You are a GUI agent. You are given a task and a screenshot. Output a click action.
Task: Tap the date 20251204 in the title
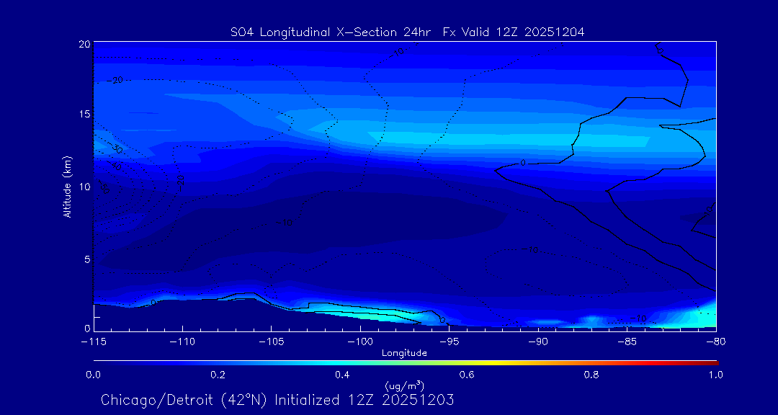coord(555,32)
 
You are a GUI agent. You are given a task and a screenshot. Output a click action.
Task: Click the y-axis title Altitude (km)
coord(67,187)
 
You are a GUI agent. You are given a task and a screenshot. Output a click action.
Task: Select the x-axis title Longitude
coord(404,353)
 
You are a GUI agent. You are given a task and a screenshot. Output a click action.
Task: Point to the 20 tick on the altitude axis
coord(85,44)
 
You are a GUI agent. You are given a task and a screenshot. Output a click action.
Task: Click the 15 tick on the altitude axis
coord(85,114)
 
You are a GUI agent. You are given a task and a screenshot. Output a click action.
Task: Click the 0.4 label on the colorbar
coord(342,375)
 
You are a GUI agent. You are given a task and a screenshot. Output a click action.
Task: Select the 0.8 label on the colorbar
coord(591,375)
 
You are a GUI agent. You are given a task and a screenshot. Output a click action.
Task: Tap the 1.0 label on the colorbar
coord(715,375)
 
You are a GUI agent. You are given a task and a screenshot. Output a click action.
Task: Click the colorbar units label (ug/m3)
coord(404,385)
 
